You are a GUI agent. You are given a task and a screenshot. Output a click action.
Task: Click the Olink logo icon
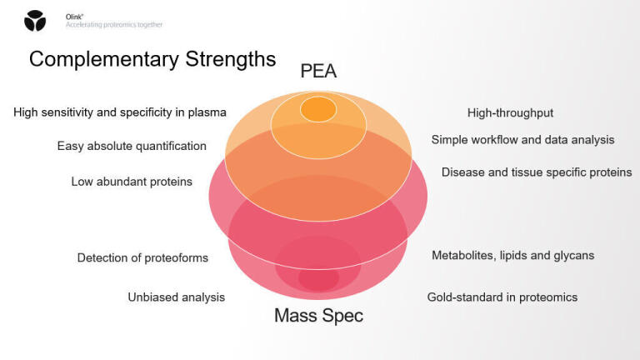(36, 21)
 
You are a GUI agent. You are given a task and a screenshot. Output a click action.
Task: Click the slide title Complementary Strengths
(152, 59)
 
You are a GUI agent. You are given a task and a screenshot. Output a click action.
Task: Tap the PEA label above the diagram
(318, 72)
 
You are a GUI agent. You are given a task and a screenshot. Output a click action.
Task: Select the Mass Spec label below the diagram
(318, 317)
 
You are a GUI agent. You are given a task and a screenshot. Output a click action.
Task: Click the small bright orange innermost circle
(317, 109)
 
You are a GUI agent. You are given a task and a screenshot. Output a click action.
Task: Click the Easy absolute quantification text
(132, 146)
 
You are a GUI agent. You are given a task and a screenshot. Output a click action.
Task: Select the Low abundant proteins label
(132, 182)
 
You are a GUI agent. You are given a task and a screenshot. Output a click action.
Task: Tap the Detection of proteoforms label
(142, 257)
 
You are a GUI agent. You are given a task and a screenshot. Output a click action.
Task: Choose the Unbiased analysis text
(176, 297)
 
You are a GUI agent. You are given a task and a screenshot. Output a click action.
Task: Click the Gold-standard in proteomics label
(502, 297)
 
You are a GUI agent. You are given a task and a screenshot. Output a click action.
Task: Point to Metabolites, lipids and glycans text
(512, 255)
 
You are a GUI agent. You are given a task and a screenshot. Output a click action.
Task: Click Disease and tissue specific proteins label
(536, 172)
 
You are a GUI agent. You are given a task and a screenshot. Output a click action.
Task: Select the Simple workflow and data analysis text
(522, 139)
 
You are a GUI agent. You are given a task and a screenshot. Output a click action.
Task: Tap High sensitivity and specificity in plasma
(120, 112)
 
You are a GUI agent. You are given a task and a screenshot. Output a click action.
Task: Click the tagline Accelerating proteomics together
(114, 25)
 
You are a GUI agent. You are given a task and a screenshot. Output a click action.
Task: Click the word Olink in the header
(73, 17)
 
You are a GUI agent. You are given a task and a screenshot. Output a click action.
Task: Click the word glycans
(573, 255)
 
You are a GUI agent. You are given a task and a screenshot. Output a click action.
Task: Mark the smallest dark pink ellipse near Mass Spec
(318, 279)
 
